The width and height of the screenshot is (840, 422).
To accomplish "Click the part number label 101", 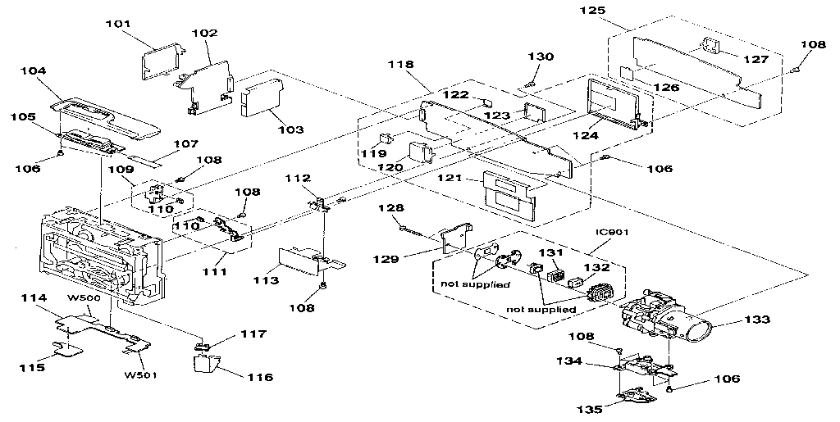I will click(118, 24).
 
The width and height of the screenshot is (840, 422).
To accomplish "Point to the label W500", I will click(84, 297).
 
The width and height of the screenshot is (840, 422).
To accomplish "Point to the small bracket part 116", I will click(207, 359).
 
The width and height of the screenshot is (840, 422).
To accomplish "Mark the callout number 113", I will click(266, 280).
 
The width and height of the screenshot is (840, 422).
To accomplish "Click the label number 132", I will click(597, 266).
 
